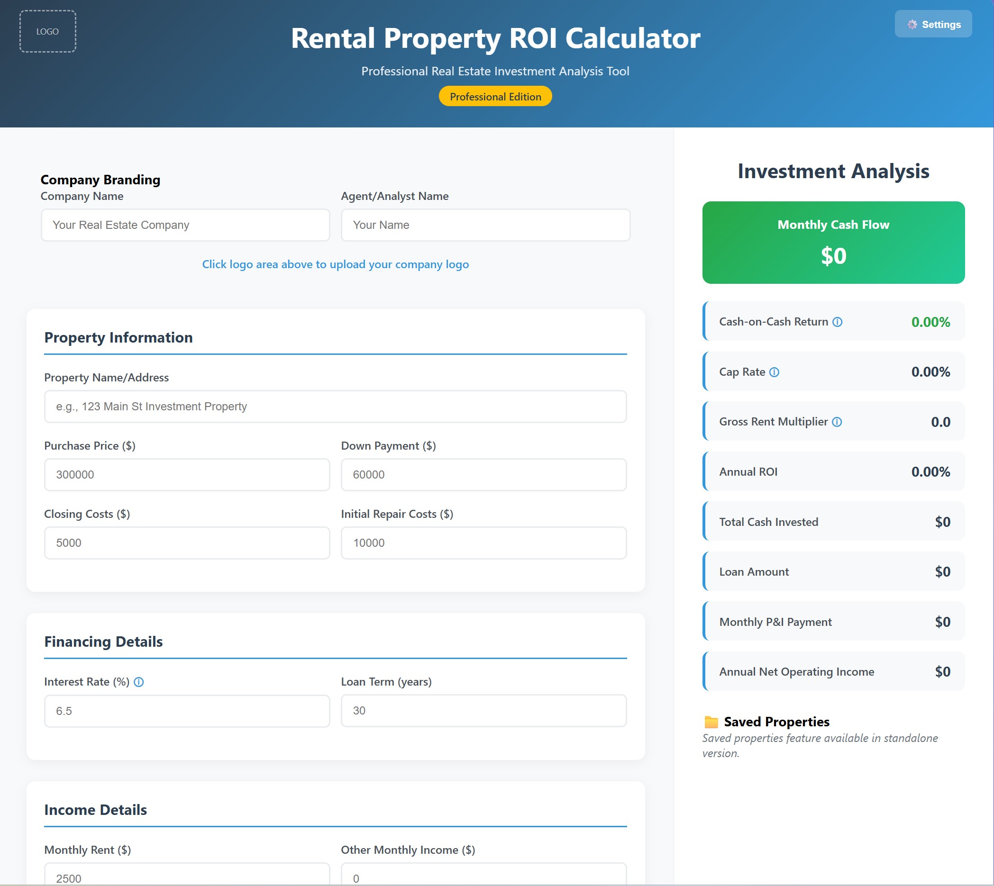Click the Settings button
coord(933,24)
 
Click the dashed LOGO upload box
coord(48,32)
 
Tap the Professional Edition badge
coord(495,96)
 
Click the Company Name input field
coord(185,225)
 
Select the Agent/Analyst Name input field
coord(485,225)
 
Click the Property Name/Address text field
coord(335,407)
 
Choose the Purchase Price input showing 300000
coord(187,475)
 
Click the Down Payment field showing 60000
coord(483,475)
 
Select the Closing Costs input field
coord(187,543)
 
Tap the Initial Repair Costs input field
coord(483,543)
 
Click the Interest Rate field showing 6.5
coord(187,711)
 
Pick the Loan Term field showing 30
coord(483,711)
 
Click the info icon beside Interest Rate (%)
coord(139,682)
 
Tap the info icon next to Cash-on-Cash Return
coord(837,322)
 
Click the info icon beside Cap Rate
coord(774,372)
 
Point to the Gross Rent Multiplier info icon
coord(837,422)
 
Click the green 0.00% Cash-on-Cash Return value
coord(930,322)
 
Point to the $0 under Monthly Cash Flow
coord(833,256)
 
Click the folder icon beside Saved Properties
coord(711,722)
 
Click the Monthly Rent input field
coord(187,876)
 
